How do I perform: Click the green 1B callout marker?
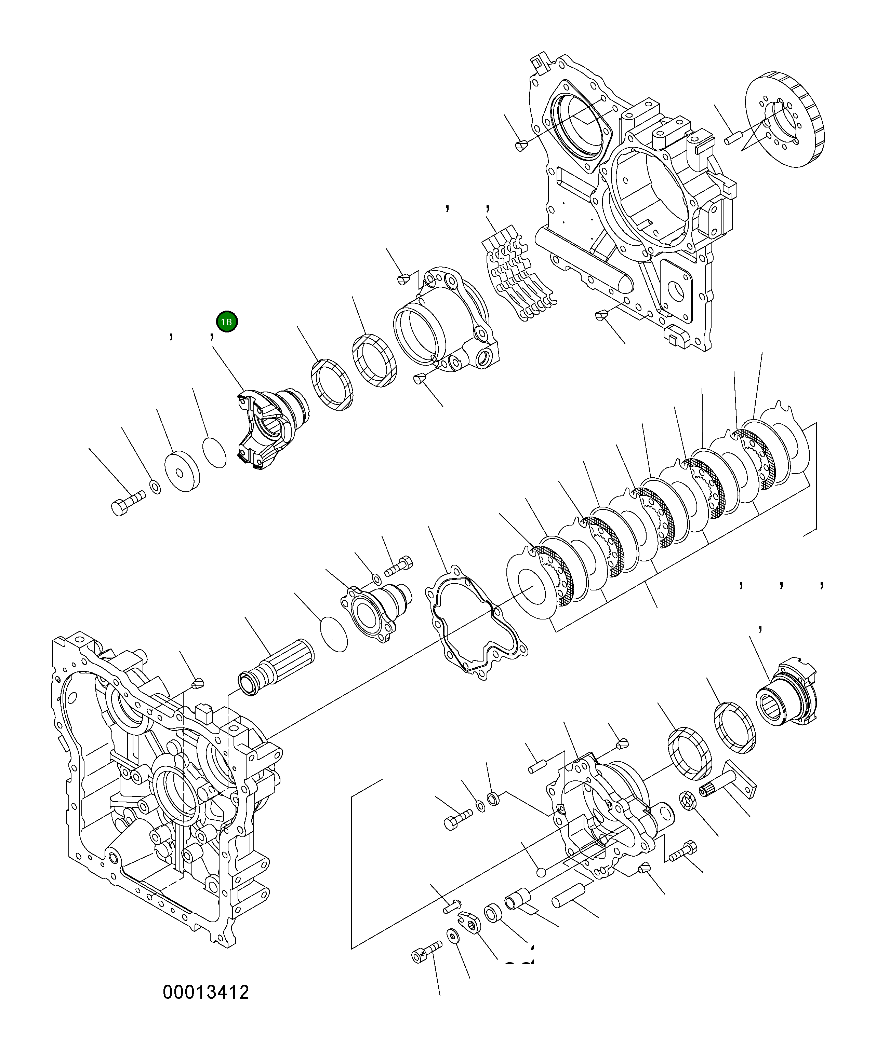click(227, 322)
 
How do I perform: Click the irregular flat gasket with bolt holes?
click(475, 623)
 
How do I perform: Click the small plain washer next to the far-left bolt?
click(155, 486)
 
